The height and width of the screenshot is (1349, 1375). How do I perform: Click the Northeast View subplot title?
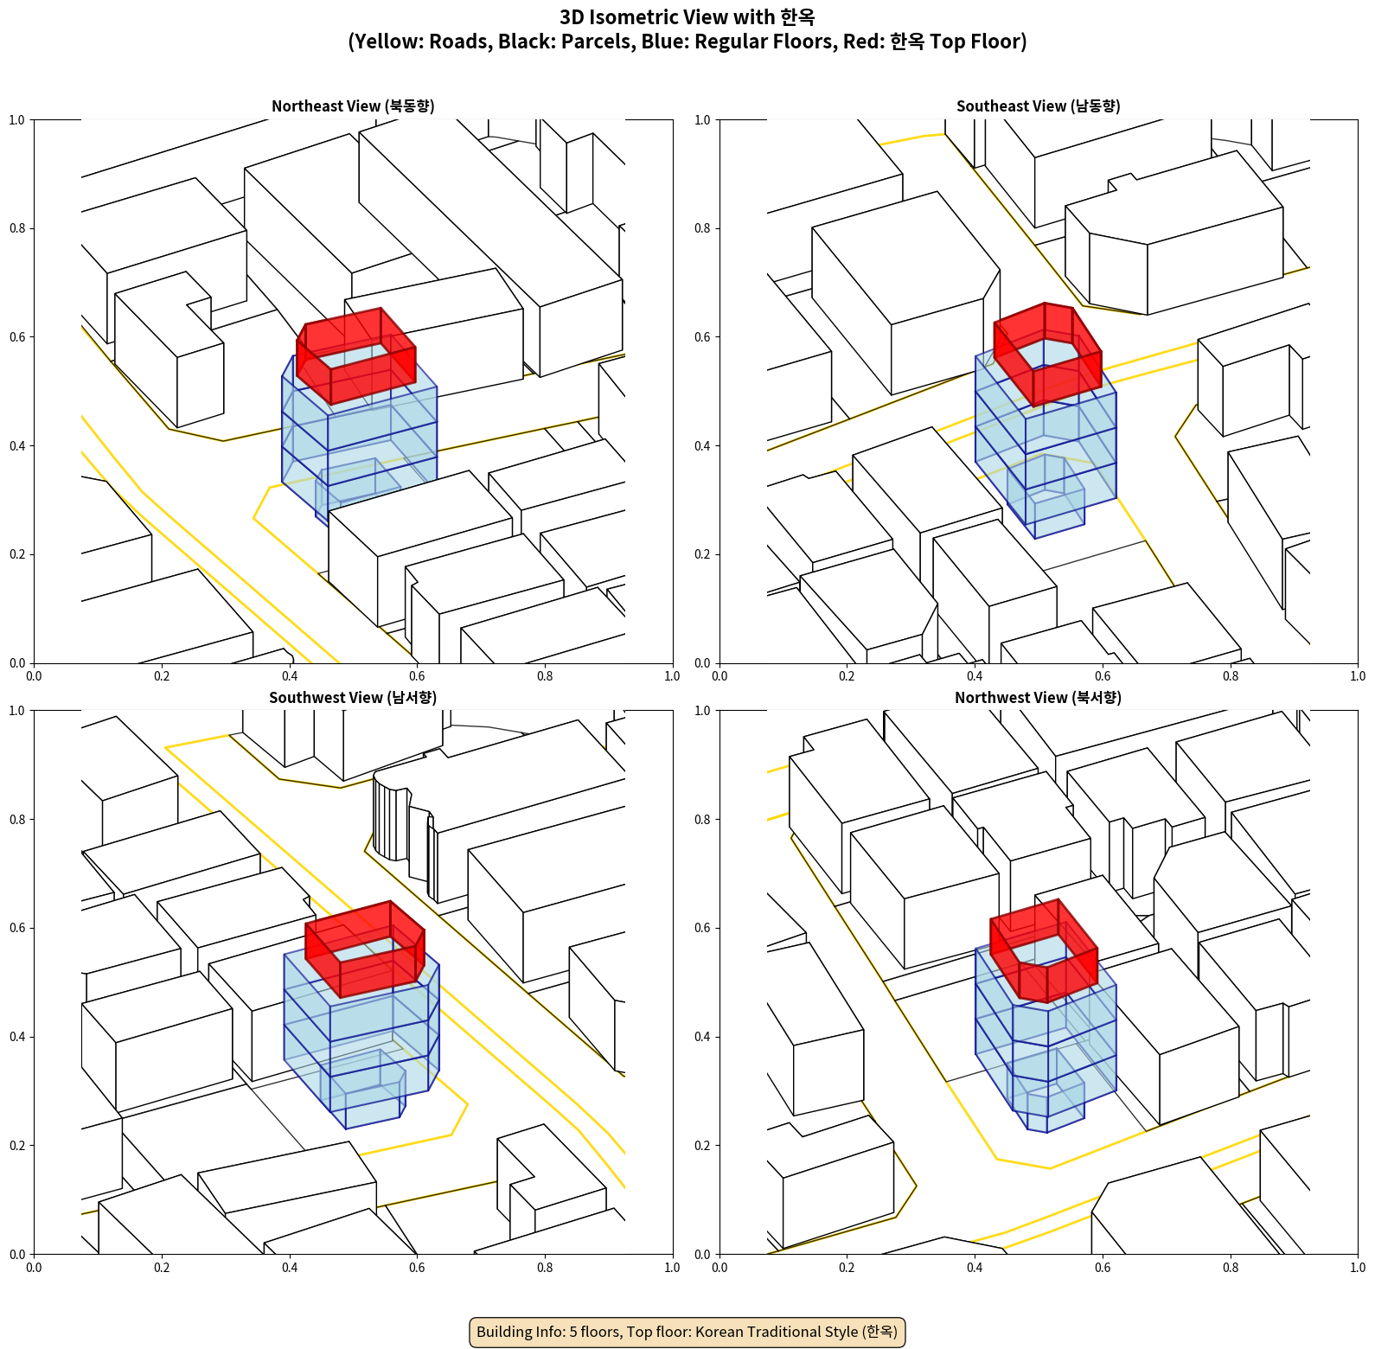click(x=353, y=105)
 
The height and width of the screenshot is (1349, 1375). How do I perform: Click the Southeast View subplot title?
click(x=1038, y=105)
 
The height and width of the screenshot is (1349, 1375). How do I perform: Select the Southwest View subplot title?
click(x=353, y=697)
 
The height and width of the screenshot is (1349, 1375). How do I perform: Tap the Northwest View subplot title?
click(x=1038, y=697)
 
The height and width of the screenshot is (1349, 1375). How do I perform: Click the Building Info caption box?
click(x=687, y=1332)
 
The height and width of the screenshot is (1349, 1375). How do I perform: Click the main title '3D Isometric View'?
click(x=687, y=17)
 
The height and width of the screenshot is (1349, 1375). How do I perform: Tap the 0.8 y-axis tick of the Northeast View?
click(x=17, y=228)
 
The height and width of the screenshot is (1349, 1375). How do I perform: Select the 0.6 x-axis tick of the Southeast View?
click(x=1103, y=676)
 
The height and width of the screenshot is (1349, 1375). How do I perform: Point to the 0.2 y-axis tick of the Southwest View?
click(x=17, y=1145)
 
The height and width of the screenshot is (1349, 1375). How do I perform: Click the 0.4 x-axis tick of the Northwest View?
click(x=975, y=1268)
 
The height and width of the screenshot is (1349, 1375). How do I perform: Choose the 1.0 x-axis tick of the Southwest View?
click(x=672, y=1268)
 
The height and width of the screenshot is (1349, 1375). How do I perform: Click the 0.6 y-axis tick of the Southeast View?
click(x=702, y=337)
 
